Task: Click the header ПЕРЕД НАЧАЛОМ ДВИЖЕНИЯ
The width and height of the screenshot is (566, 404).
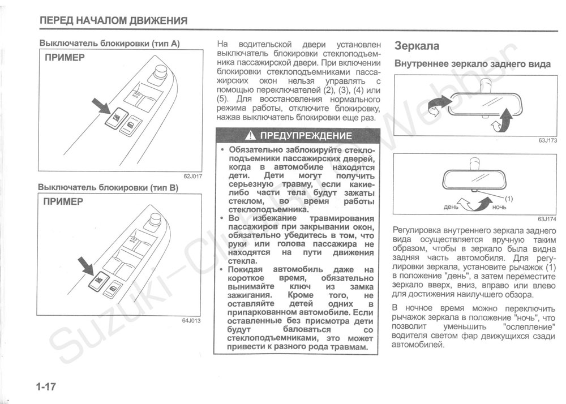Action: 113,22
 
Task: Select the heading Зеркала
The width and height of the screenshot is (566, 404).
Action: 417,45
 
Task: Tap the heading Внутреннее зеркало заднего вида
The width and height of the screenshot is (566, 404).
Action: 472,64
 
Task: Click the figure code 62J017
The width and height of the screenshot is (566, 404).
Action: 192,176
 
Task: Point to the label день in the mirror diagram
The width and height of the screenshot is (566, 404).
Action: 451,207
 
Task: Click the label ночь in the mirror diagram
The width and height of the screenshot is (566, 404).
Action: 500,208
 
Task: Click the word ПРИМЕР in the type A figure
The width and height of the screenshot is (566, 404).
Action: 65,58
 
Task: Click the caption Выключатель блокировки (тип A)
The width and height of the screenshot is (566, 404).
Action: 109,43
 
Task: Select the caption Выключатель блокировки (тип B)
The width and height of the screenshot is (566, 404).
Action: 108,187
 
